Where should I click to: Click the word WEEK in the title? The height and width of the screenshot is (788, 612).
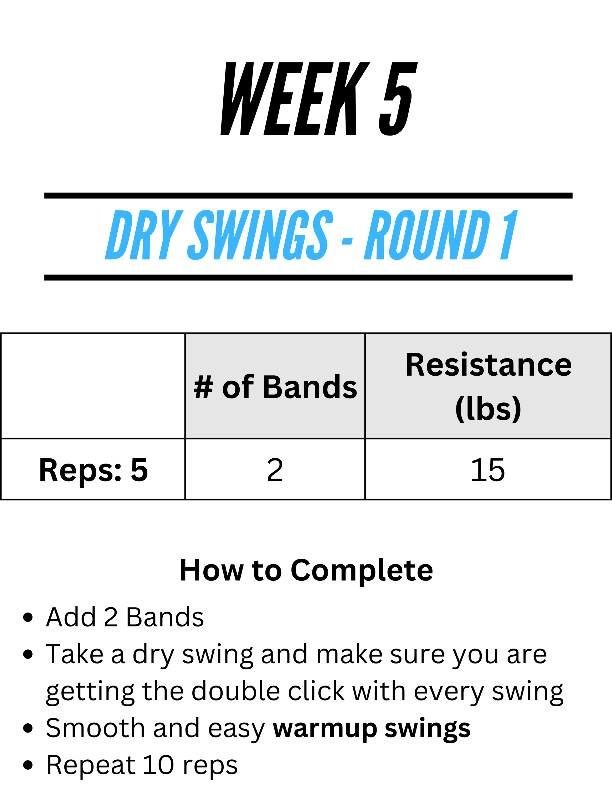point(295,98)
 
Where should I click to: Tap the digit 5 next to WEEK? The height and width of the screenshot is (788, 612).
point(398,98)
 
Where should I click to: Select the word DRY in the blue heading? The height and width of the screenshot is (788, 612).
point(144,235)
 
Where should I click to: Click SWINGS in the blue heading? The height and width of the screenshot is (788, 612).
point(260,235)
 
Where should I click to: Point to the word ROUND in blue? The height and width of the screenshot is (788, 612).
point(427,235)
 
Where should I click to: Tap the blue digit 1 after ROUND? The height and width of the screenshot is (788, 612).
point(509,235)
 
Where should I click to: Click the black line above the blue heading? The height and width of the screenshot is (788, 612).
point(308,196)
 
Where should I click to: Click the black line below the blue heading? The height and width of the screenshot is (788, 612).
point(308,277)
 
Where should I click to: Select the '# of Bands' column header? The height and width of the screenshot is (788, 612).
point(275,387)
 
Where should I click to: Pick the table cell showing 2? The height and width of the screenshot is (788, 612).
point(275,469)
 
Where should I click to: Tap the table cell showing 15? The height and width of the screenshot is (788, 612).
point(488,469)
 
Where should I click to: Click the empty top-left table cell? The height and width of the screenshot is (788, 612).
point(93,386)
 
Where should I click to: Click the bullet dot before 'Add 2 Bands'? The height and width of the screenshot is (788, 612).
point(28,617)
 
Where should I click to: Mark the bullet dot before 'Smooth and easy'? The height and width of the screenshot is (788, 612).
point(28,728)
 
